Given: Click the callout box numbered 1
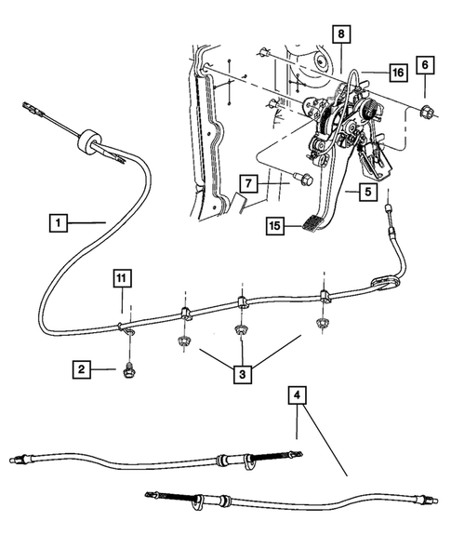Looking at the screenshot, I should (x=59, y=222).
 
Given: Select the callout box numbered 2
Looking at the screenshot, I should (x=85, y=369).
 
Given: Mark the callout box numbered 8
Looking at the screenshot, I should (x=341, y=34).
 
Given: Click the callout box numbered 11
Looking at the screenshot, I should (x=123, y=277).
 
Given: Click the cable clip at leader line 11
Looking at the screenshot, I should (x=126, y=325).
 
